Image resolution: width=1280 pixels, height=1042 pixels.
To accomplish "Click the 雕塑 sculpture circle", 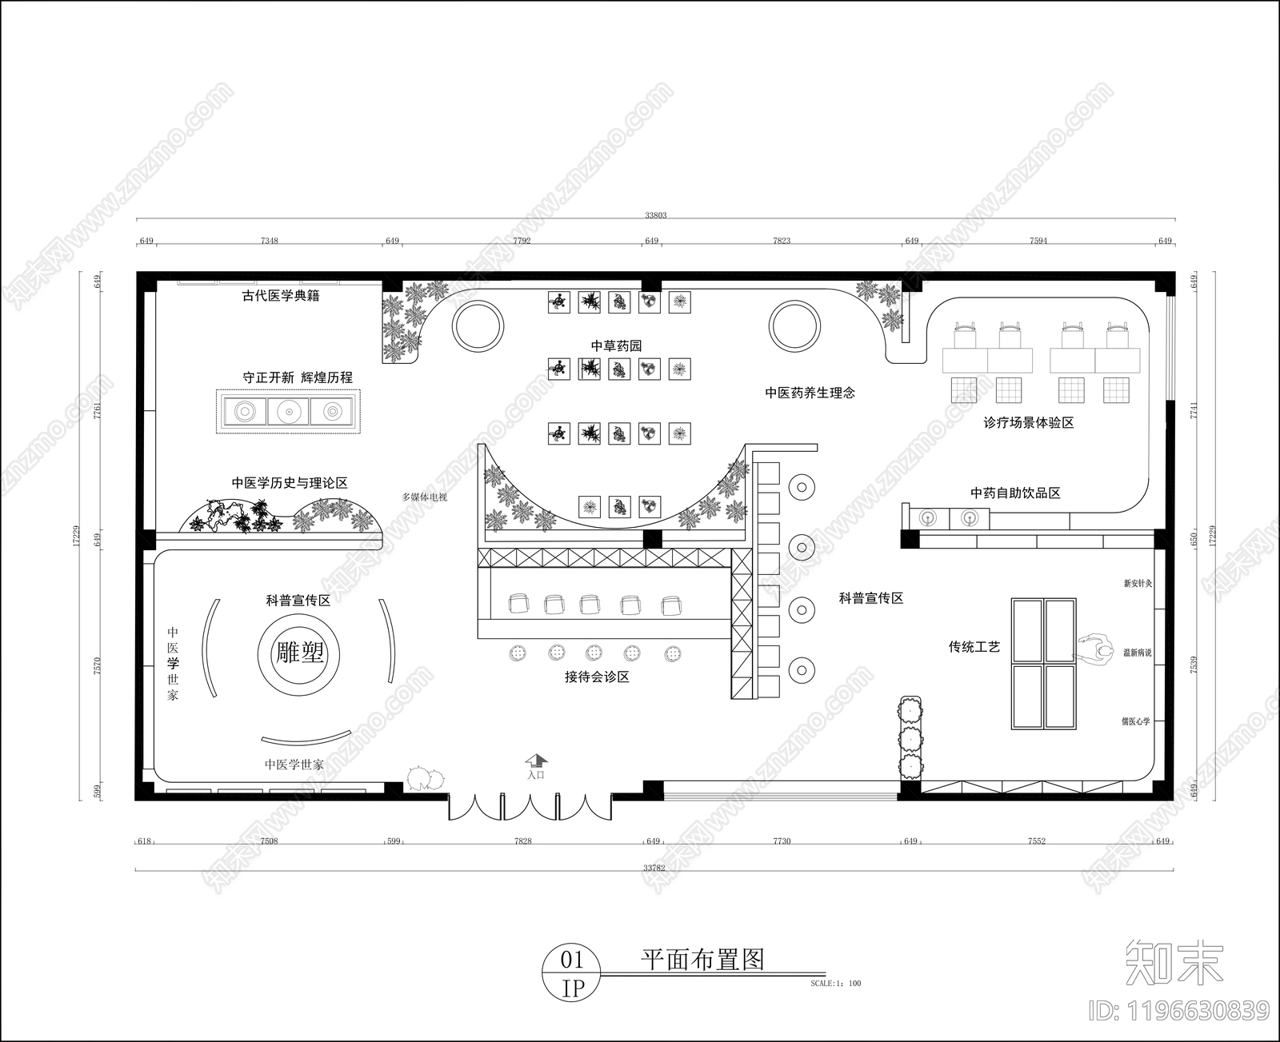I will [300, 653].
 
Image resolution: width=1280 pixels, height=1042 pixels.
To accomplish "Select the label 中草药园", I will [616, 345].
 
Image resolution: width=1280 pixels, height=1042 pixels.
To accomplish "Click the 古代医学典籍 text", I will [281, 295].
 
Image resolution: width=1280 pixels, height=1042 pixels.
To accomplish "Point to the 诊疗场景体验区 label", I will [1028, 422].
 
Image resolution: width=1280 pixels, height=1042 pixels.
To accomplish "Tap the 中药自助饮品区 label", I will [1015, 493].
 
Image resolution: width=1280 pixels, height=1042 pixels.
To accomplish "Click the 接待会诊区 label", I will [597, 677].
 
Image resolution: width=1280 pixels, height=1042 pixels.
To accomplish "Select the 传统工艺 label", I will [974, 646].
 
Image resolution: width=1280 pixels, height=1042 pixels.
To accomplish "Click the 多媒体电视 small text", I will [424, 497].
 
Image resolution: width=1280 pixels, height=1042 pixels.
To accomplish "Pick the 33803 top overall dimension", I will [655, 214].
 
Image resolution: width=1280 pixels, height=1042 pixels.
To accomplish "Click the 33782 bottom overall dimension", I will [654, 867].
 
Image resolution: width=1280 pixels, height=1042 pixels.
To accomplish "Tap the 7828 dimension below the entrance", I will [523, 841].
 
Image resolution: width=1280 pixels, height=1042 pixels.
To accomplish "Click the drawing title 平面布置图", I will [702, 959].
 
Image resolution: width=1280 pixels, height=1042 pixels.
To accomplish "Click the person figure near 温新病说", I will [1098, 649].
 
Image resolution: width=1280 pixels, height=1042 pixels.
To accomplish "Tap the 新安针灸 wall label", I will [1138, 584].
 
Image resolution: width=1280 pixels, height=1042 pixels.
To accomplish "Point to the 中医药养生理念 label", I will [810, 393].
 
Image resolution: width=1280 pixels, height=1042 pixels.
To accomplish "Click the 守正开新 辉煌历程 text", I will [298, 377].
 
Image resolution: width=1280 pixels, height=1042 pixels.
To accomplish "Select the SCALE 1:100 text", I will [835, 984].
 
